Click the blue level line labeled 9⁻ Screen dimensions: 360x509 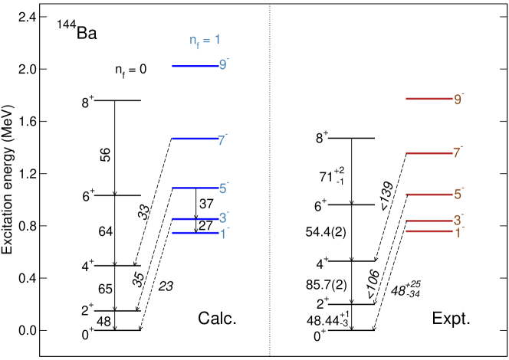[195, 66]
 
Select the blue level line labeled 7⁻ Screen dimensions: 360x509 [195, 139]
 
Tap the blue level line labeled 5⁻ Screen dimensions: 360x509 [195, 188]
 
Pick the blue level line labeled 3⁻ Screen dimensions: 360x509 [195, 218]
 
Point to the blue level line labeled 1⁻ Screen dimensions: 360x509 [195, 232]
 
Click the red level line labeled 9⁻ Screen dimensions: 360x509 [429, 99]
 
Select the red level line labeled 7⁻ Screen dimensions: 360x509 [429, 153]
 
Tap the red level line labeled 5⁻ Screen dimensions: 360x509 [429, 195]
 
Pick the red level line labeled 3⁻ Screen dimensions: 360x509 [429, 221]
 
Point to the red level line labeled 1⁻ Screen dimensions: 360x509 [429, 231]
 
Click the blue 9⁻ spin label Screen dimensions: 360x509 [223, 65]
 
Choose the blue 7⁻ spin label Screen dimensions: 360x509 [222, 140]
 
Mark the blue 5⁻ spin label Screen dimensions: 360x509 [223, 188]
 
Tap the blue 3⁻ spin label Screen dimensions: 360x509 [223, 218]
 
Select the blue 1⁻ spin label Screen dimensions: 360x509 [224, 234]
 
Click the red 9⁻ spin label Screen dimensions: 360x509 [458, 100]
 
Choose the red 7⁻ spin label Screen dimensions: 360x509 [458, 152]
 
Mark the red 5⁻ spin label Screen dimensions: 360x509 [458, 194]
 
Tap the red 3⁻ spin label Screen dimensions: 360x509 [458, 221]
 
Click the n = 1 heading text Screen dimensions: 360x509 [205, 41]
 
